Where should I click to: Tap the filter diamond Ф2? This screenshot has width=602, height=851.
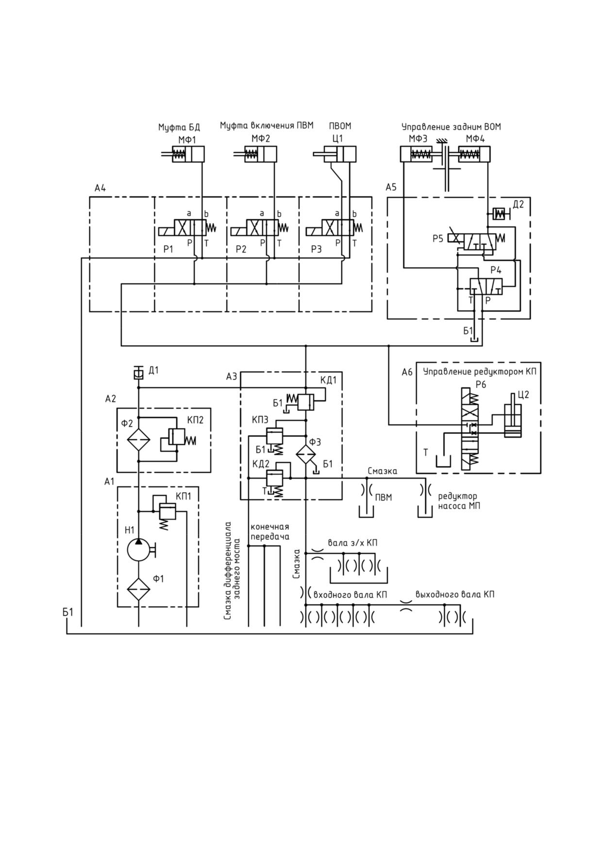139,440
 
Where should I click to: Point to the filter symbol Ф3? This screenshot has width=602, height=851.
306,454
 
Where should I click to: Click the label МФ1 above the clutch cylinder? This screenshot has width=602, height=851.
187,139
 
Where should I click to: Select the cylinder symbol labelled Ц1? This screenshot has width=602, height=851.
335,154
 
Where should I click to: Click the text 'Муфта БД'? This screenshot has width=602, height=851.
179,128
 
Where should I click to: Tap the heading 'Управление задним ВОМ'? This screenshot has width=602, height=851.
451,127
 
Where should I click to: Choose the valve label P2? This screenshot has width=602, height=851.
241,249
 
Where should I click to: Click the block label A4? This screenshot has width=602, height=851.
100,188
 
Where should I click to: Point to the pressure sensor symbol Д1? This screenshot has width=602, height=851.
138,373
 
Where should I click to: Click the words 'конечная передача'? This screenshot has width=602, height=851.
270,532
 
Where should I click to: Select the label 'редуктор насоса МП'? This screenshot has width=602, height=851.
458,501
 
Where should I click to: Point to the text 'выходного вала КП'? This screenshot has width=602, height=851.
455,594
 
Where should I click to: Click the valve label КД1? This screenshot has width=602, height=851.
328,380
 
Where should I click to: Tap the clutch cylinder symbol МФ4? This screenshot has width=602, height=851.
469,154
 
